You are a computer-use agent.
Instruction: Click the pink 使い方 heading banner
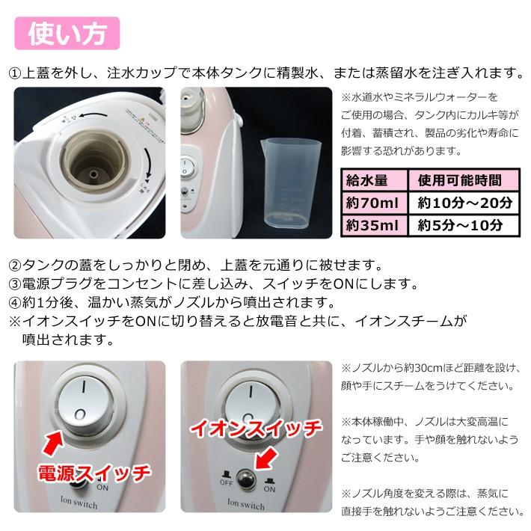[x=67, y=33]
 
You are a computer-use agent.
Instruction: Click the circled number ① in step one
[x=13, y=73]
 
